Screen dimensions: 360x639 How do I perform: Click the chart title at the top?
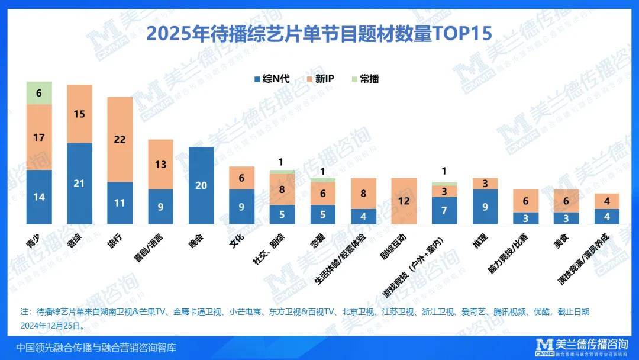319,33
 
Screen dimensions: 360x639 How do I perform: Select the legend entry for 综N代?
273,79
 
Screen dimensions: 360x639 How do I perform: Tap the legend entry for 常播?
364,79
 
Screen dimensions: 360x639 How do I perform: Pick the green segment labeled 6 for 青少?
39,93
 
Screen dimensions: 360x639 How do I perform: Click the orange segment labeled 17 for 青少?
39,137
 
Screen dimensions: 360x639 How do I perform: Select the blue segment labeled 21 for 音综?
79,184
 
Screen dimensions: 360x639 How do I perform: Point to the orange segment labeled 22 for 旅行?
120,139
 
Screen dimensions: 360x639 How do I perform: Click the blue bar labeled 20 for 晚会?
201,185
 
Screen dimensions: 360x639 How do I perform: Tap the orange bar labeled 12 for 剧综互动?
404,201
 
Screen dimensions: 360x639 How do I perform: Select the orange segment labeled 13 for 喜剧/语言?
160,165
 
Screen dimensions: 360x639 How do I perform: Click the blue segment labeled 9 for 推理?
485,207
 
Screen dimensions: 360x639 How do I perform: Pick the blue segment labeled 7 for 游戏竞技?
444,211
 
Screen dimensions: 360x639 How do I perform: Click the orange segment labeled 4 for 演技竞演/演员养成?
606,201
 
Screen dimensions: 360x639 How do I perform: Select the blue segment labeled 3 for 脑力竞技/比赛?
525,218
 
